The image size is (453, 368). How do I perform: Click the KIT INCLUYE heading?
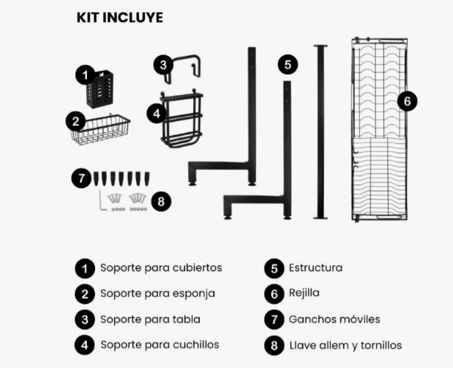pos(120,17)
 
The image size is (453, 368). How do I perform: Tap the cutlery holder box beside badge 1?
pos(100,89)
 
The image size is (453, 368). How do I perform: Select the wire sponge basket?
pos(100,129)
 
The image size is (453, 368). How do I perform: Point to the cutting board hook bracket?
pos(183,69)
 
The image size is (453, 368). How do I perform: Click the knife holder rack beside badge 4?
pos(182,119)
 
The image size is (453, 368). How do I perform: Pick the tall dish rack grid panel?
pos(379,129)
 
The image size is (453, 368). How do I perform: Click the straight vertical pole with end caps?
pos(321,131)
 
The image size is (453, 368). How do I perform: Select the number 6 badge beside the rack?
pos(407,101)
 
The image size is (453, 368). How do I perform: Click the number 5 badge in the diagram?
pos(288,64)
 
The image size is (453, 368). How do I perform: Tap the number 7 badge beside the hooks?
pos(82,178)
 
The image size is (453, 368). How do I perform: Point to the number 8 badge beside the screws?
pos(161,201)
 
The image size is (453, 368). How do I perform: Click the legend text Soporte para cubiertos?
pos(162,267)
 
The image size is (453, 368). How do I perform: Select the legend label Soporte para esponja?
pos(158,294)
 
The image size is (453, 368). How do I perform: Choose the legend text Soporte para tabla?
pos(150,320)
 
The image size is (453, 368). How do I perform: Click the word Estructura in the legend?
pos(316,267)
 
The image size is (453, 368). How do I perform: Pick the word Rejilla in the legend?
pos(304,293)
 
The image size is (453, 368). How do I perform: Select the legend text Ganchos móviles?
pos(334,320)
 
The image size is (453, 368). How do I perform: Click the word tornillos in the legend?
pos(381,345)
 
